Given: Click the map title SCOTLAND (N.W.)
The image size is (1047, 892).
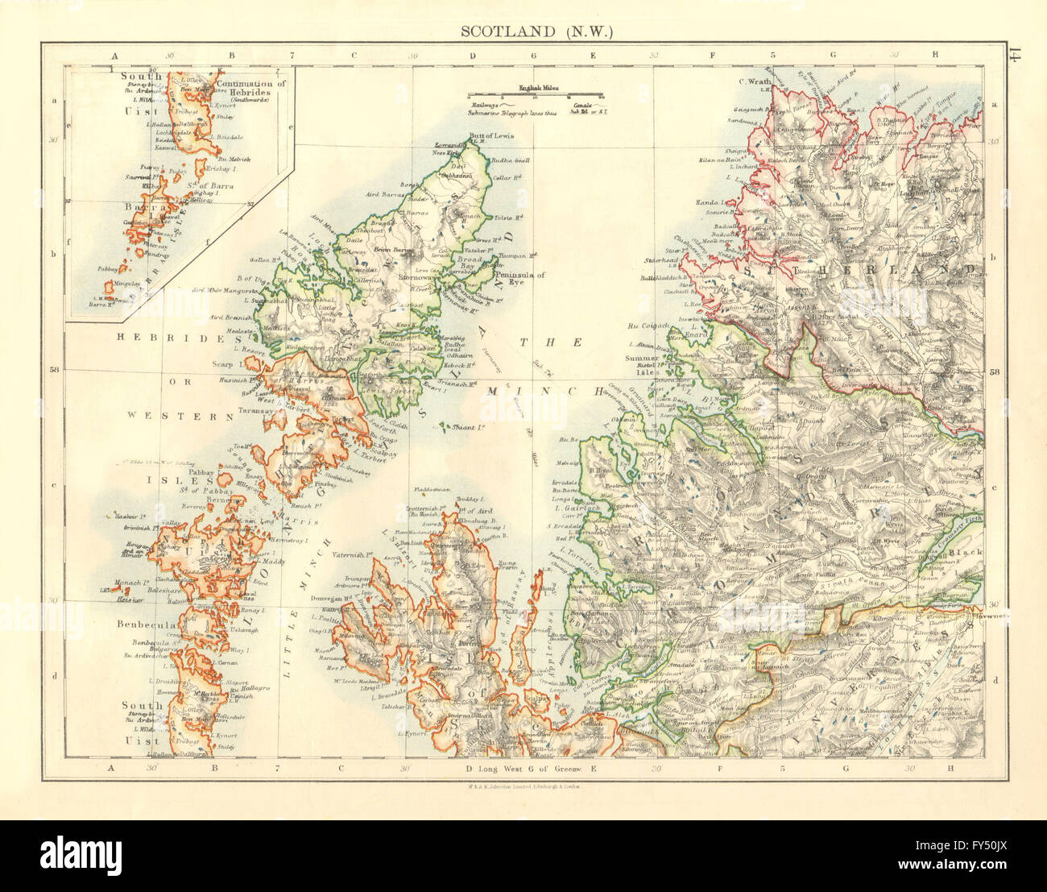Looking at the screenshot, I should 537,32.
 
